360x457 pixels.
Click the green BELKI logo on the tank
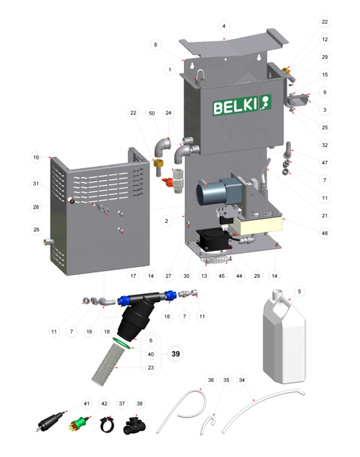tap(242, 105)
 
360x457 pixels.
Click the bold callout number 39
tap(175, 354)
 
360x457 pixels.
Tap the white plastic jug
tap(284, 336)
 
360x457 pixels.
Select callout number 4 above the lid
tap(224, 26)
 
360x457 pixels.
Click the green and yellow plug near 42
tap(78, 424)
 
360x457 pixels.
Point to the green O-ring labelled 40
tap(121, 342)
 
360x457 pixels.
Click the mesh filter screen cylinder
tap(108, 364)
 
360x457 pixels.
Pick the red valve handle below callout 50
tap(168, 182)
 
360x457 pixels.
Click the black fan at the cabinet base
tap(214, 240)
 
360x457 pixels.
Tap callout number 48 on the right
tap(325, 233)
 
